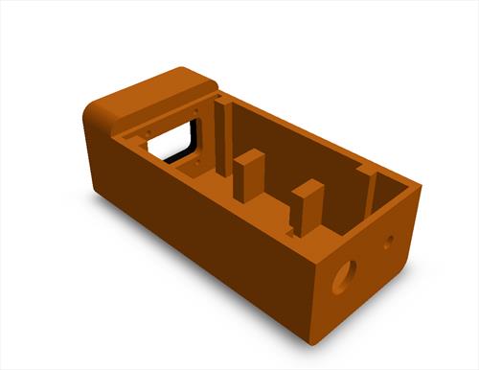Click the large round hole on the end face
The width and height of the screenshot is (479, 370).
(342, 276)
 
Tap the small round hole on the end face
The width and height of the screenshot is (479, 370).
(388, 243)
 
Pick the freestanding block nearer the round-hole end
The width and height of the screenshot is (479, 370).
(306, 206)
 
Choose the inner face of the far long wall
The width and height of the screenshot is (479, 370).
(297, 144)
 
